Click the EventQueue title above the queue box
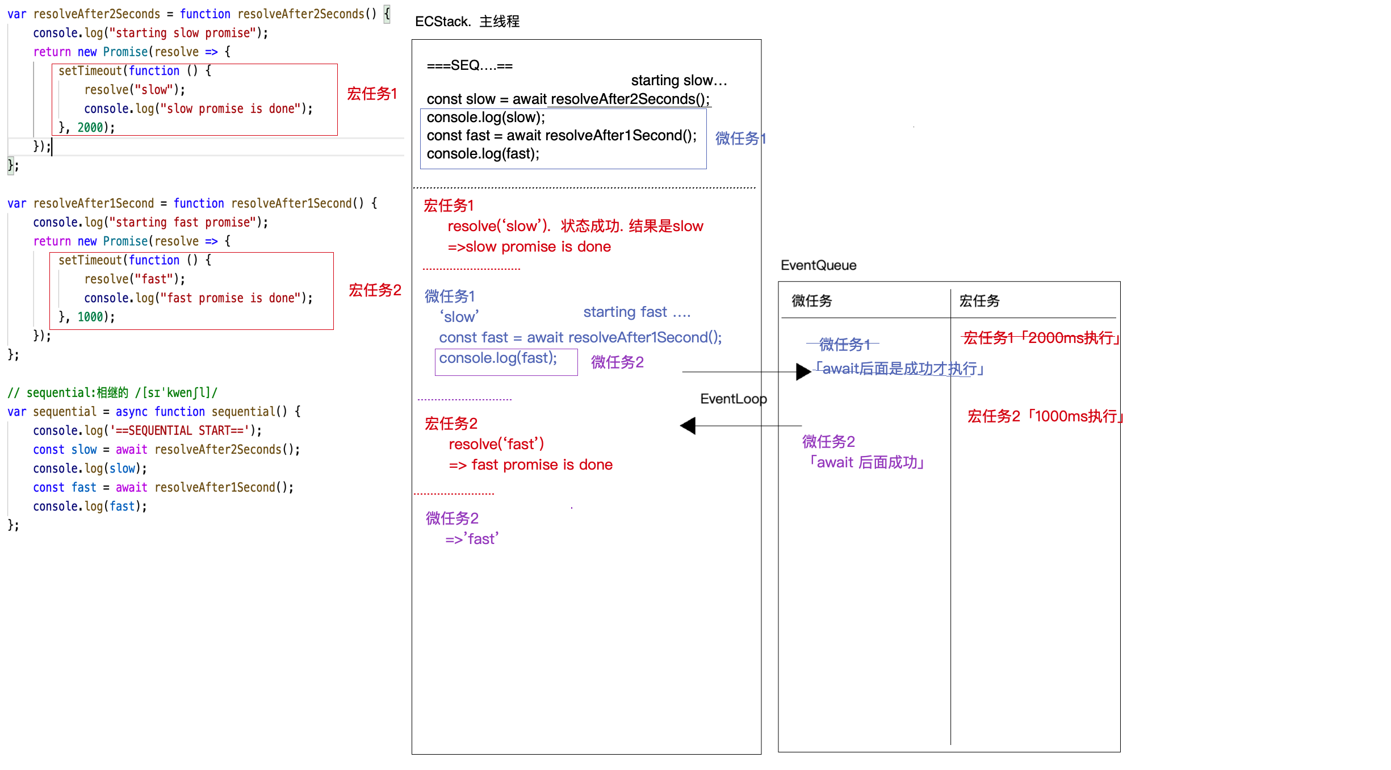point(818,265)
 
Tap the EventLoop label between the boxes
point(733,399)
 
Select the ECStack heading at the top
point(467,22)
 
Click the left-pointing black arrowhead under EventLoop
point(688,426)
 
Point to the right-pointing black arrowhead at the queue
point(803,372)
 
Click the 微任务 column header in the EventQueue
point(811,301)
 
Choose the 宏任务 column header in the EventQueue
point(979,301)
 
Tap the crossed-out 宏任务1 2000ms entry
point(1041,338)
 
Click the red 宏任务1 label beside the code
point(372,94)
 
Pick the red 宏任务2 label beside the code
point(375,290)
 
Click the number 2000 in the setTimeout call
point(90,128)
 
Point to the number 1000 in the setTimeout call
point(90,317)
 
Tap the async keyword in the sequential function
point(131,412)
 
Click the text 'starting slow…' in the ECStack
point(678,81)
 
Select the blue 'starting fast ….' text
point(636,312)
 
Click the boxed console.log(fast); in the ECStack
point(498,358)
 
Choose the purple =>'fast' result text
point(471,539)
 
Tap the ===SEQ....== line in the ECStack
point(470,66)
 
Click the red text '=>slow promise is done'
point(529,247)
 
